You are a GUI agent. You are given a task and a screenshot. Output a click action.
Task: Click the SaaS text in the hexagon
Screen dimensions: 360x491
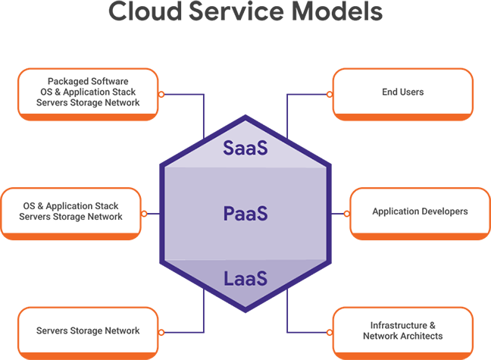click(245, 147)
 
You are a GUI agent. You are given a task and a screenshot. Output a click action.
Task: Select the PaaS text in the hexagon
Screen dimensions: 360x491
click(245, 213)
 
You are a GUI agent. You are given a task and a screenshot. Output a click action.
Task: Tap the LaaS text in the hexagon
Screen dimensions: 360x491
click(245, 278)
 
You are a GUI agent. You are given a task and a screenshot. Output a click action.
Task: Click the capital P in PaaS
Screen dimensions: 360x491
click(230, 213)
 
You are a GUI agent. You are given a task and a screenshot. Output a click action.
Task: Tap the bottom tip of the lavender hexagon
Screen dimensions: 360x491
click(245, 306)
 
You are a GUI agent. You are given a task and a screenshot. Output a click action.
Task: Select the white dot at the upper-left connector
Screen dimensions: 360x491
click(161, 95)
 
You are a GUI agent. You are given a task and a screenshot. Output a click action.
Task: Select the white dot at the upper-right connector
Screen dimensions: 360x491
click(329, 95)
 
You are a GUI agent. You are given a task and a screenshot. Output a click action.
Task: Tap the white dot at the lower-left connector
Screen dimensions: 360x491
click(161, 332)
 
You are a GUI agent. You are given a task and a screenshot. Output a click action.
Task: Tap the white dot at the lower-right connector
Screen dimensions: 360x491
click(329, 332)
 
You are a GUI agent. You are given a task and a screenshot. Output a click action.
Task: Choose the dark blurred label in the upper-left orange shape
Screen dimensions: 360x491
click(87, 91)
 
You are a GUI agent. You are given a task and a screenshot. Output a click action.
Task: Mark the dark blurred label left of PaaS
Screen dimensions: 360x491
click(72, 211)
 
